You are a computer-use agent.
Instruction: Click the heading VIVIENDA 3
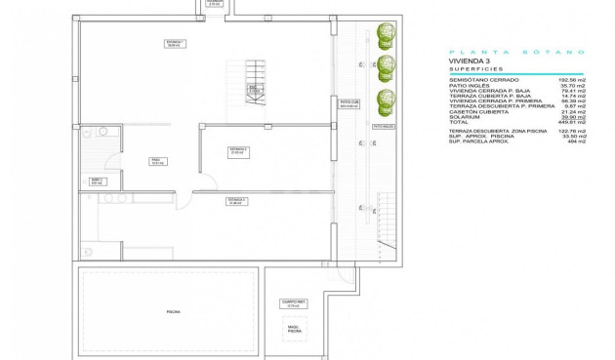click(x=469, y=60)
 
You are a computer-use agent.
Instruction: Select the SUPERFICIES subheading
click(x=476, y=69)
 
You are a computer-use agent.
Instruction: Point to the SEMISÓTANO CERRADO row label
click(x=482, y=78)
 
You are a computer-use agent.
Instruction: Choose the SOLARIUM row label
click(x=465, y=116)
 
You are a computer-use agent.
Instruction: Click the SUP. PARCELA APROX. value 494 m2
click(x=576, y=141)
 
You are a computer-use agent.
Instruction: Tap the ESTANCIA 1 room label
click(x=175, y=44)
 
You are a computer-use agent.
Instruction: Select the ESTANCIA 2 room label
click(x=238, y=151)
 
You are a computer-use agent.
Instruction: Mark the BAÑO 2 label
click(x=97, y=180)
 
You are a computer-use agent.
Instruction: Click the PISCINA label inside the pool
click(x=173, y=311)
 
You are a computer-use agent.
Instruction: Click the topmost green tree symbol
click(x=388, y=36)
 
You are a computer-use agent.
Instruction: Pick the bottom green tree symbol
click(x=388, y=99)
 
